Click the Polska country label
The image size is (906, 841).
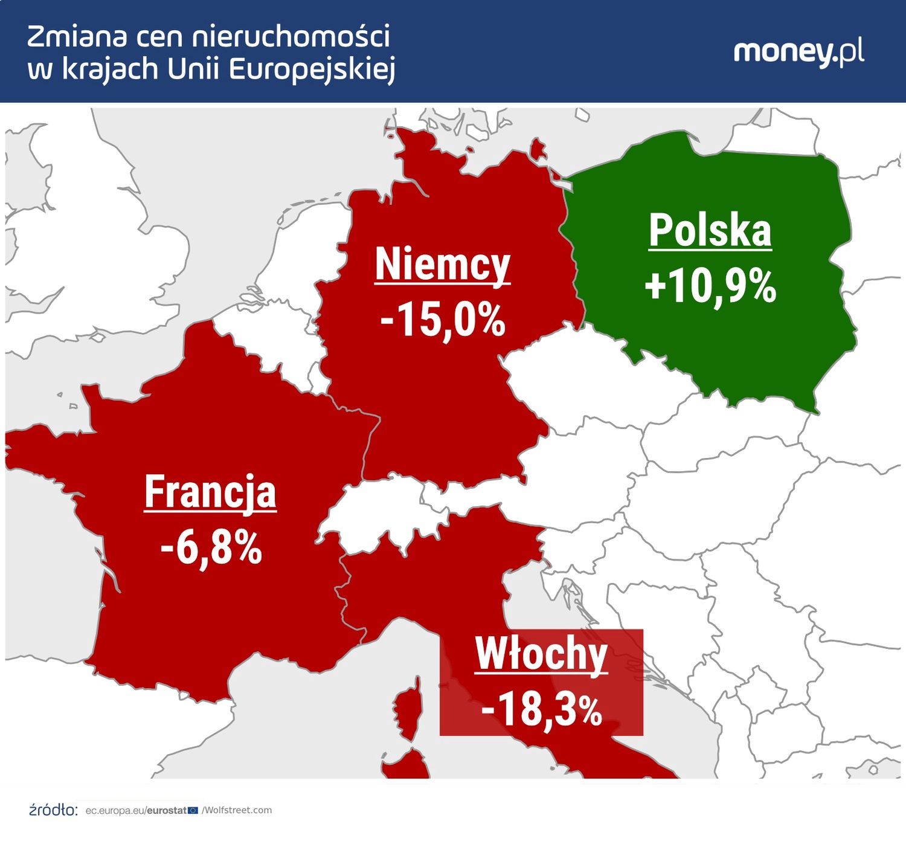pyautogui.click(x=710, y=231)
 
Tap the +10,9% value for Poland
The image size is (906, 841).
pyautogui.click(x=710, y=286)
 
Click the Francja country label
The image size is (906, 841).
pyautogui.click(x=210, y=492)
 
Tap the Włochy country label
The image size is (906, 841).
pyautogui.click(x=541, y=654)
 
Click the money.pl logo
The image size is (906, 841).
pyautogui.click(x=798, y=53)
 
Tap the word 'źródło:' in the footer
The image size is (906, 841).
pyautogui.click(x=53, y=810)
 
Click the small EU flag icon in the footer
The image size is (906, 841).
pyautogui.click(x=193, y=810)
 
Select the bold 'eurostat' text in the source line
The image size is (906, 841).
pyautogui.click(x=167, y=810)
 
